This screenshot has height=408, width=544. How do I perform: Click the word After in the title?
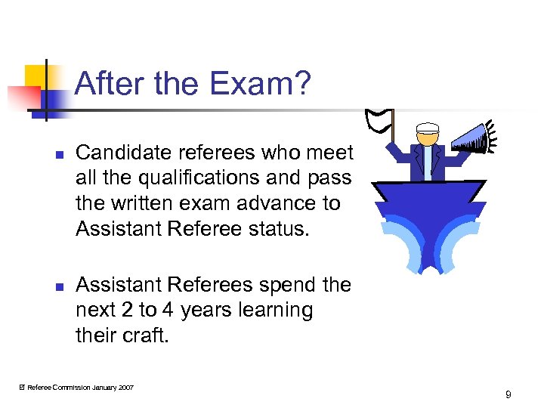pyautogui.click(x=110, y=84)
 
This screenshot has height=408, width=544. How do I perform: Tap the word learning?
pyautogui.click(x=277, y=310)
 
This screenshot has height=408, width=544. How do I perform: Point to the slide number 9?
pyautogui.click(x=508, y=394)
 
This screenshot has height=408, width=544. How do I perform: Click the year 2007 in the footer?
pyautogui.click(x=126, y=388)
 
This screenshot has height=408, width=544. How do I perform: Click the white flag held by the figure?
pyautogui.click(x=380, y=119)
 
